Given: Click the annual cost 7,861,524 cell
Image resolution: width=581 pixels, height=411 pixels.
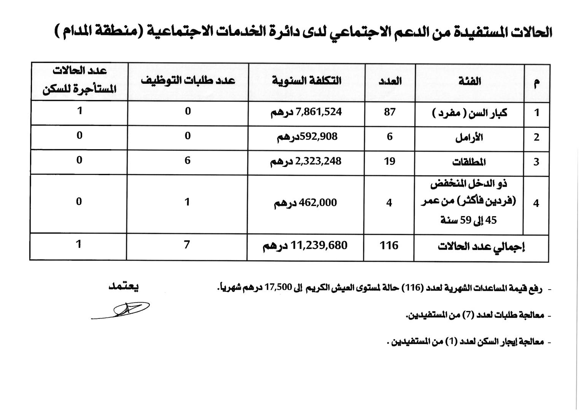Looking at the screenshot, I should pyautogui.click(x=306, y=112).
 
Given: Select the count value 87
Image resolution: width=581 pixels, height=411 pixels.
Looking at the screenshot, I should pyautogui.click(x=390, y=112).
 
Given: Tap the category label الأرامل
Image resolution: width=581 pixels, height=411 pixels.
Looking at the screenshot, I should pyautogui.click(x=469, y=137).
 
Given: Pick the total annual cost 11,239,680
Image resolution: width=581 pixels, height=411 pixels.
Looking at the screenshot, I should pyautogui.click(x=306, y=246).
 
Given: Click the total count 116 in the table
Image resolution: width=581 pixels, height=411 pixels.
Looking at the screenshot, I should pyautogui.click(x=389, y=246).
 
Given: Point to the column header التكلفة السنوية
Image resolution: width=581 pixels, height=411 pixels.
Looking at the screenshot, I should pyautogui.click(x=306, y=81).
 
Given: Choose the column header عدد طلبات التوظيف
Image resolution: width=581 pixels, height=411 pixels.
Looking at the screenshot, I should pyautogui.click(x=188, y=81).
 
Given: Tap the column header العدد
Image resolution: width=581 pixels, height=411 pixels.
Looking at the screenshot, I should pyautogui.click(x=390, y=81).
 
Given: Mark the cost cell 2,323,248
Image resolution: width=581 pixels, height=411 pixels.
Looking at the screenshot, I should pyautogui.click(x=306, y=161).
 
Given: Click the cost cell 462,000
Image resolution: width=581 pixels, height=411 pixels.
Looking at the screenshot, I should pyautogui.click(x=306, y=203).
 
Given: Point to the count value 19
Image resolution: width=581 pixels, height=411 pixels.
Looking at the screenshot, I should pyautogui.click(x=390, y=161).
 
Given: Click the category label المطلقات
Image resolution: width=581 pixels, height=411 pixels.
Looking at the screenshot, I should pyautogui.click(x=469, y=162).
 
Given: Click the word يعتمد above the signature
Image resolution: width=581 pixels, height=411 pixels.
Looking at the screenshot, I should pyautogui.click(x=124, y=287).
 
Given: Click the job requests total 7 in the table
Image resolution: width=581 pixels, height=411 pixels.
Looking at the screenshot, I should pyautogui.click(x=187, y=245).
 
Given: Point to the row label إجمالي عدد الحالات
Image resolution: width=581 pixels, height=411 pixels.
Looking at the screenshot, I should pyautogui.click(x=481, y=247).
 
